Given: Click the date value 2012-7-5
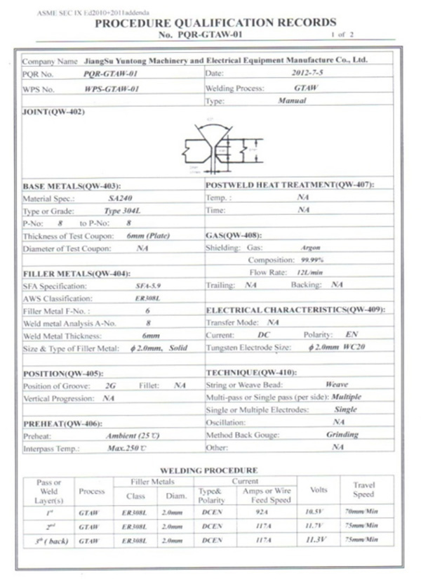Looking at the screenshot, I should pos(302,72).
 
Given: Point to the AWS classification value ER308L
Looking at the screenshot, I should pos(147,298).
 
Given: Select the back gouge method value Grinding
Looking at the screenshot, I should pos(342,435).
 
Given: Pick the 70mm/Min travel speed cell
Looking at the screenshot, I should pos(363,515).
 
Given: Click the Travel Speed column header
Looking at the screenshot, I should pos(363,489).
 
